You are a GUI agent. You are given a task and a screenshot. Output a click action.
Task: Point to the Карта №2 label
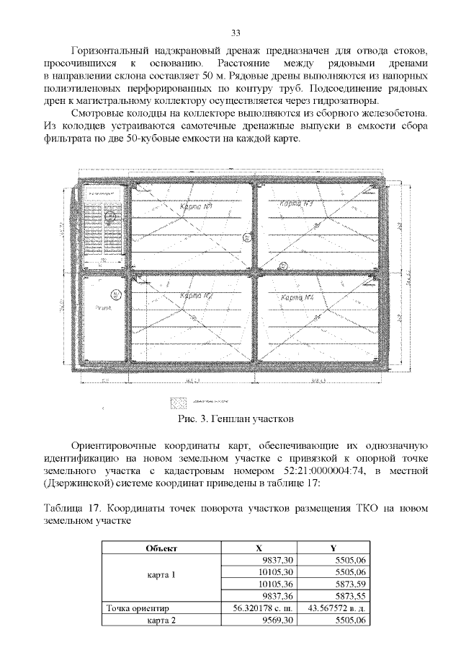point(196,296)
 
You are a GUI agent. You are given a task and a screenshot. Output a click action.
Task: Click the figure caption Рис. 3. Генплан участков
point(235,419)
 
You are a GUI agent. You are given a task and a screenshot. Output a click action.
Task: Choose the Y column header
point(334,548)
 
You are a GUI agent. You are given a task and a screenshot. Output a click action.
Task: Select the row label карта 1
point(161,577)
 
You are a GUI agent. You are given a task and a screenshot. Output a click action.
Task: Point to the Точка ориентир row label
point(136,609)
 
